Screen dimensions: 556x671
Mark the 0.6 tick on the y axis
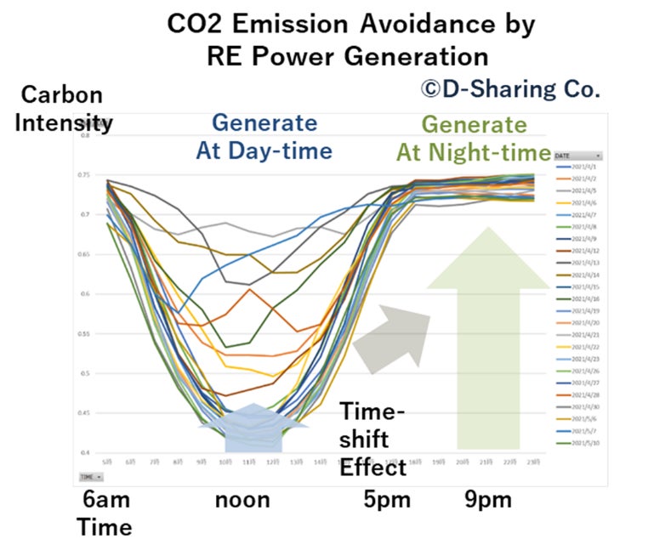[x=86, y=294]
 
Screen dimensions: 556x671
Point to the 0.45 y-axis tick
[x=86, y=413]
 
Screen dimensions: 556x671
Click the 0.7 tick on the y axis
[x=86, y=215]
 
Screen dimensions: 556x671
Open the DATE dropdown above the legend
[x=576, y=156]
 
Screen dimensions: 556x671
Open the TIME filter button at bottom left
[x=89, y=477]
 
